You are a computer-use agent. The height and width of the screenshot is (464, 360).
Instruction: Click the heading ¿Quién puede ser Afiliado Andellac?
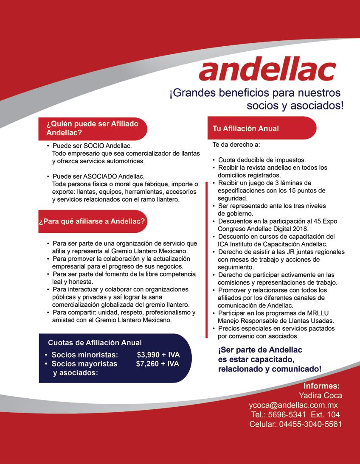tap(93, 128)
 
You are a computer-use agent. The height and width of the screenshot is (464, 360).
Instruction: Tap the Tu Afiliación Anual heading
tap(245, 129)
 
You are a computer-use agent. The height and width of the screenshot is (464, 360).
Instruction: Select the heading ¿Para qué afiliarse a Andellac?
tap(92, 221)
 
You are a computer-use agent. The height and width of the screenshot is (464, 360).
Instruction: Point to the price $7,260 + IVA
tap(157, 364)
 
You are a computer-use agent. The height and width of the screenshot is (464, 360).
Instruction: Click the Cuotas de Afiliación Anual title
tap(95, 343)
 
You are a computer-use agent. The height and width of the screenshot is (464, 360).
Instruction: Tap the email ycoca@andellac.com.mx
tap(293, 405)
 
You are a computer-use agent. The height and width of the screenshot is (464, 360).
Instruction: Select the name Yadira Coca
tap(320, 395)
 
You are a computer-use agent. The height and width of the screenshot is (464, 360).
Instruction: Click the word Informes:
tap(321, 386)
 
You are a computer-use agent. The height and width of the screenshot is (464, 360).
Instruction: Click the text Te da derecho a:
tap(236, 145)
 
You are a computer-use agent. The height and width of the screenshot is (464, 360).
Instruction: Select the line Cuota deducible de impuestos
tap(262, 160)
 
